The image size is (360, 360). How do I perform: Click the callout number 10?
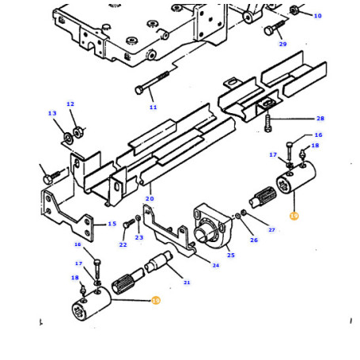coord(317,16)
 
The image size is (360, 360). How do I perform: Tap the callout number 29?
coord(282,44)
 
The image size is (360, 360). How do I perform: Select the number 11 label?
coord(153,108)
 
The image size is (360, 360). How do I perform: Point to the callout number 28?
coord(320,119)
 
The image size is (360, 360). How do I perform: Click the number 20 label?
coord(150,199)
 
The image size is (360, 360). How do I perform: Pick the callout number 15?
coord(112,224)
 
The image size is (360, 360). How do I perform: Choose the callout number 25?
coord(231,255)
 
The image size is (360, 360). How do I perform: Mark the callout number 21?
coord(187,282)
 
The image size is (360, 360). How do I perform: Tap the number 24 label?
coord(216,265)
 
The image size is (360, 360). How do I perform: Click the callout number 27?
coord(271,230)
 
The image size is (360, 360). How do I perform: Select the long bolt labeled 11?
coord(152,82)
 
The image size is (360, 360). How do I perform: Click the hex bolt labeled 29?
coord(275,28)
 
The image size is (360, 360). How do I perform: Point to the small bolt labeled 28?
coord(267,123)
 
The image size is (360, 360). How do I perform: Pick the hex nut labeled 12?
coord(78,132)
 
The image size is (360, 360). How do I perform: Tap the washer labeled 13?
coord(68,138)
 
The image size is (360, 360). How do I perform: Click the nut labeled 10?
coord(294,10)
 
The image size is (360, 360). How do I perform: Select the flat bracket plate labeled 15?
coord(67,214)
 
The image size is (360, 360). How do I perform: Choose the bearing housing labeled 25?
coord(212,225)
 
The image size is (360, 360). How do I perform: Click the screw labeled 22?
coord(129,224)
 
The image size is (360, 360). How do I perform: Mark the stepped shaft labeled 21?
coord(159,261)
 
